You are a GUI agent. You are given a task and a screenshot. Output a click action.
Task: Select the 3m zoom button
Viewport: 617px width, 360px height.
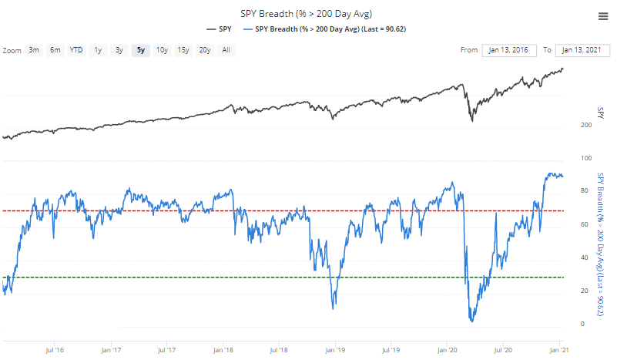coord(34,50)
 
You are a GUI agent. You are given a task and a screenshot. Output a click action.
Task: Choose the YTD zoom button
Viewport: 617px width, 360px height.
coord(76,50)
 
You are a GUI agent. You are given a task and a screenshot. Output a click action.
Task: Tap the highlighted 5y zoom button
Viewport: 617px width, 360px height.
coord(140,50)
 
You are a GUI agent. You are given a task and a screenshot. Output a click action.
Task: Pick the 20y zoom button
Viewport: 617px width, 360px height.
coord(204,50)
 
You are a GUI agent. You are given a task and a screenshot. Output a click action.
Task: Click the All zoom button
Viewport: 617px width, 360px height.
coord(226,50)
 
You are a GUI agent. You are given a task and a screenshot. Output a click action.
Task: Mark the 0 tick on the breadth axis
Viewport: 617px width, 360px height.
coord(582,324)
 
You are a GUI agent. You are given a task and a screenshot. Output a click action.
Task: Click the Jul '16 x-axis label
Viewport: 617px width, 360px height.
coord(54,348)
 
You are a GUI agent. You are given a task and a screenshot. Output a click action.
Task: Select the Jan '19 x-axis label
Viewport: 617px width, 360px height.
coord(335,348)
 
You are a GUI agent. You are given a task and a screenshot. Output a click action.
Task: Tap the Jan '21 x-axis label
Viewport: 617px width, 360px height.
coord(559,348)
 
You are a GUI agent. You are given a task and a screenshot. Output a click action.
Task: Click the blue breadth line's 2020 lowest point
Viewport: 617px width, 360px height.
coord(471,321)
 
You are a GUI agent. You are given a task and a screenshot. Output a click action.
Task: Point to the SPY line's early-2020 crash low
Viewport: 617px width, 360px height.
coord(471,121)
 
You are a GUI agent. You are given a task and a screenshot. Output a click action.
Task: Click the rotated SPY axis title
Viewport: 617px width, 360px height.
coord(601,112)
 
